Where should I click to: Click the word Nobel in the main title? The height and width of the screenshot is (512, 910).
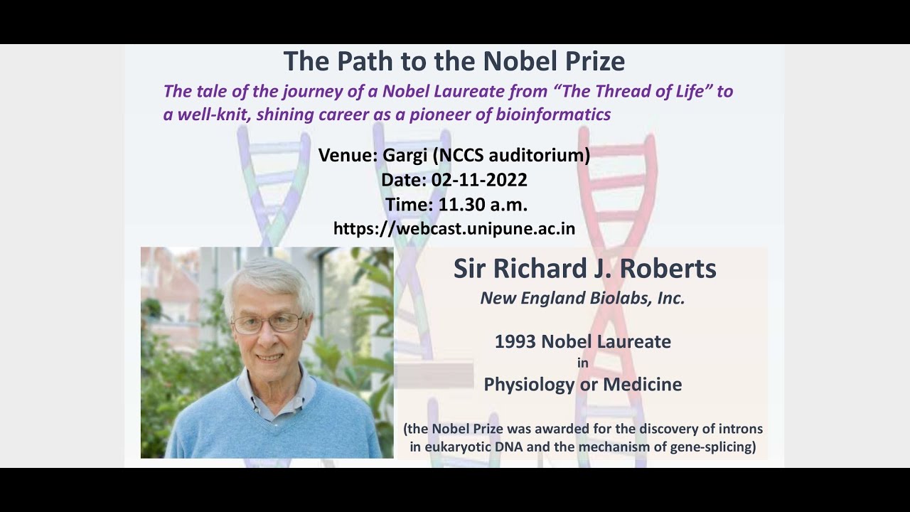tap(520, 61)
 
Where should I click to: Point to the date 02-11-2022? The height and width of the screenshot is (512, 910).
tap(479, 180)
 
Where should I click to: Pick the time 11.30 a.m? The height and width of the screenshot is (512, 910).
tap(483, 205)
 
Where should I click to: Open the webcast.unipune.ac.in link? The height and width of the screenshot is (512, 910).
tap(454, 229)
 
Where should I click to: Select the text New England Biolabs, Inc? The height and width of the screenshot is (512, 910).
tap(582, 299)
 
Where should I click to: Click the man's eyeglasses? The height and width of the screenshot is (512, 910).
tap(268, 324)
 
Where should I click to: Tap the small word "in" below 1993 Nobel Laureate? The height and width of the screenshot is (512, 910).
tap(583, 363)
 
